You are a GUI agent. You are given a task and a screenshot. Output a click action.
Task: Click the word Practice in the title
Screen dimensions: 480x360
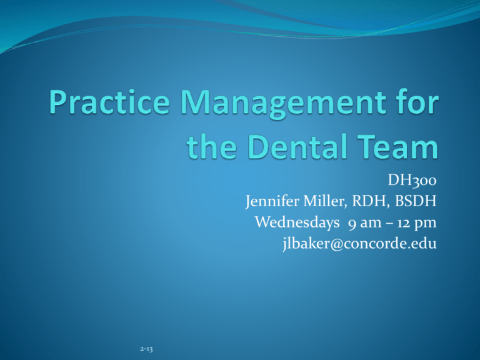[x=109, y=102]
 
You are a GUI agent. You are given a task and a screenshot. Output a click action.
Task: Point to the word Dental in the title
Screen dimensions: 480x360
[x=297, y=146]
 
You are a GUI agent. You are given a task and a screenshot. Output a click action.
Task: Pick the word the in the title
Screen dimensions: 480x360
[x=211, y=146]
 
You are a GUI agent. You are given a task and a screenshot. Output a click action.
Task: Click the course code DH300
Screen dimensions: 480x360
[x=412, y=180]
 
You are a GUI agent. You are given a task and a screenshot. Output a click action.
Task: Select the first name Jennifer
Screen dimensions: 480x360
[x=272, y=202]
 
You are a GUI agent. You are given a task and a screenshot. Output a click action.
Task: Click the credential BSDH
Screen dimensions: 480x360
[x=416, y=201]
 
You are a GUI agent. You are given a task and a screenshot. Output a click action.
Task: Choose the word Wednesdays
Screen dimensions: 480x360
[x=297, y=222]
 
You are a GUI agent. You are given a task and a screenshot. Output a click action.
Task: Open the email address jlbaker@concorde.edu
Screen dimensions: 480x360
[x=359, y=244]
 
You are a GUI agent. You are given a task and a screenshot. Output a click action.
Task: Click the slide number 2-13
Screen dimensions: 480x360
[x=146, y=349]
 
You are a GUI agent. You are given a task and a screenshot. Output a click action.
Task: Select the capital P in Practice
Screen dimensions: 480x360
[x=58, y=102]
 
